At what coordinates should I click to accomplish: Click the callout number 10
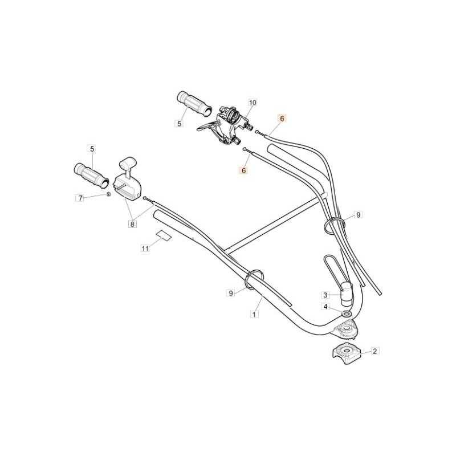pyautogui.click(x=253, y=103)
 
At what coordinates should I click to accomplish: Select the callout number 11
pyautogui.click(x=145, y=249)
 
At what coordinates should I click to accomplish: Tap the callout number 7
pyautogui.click(x=80, y=198)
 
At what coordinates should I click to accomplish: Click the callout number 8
pyautogui.click(x=132, y=224)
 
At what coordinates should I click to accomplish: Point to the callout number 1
pyautogui.click(x=254, y=314)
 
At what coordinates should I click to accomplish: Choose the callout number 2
pyautogui.click(x=374, y=351)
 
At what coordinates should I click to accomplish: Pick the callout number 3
pyautogui.click(x=325, y=295)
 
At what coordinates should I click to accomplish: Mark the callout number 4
pyautogui.click(x=325, y=307)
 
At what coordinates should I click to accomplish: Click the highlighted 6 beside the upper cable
pyautogui.click(x=282, y=119)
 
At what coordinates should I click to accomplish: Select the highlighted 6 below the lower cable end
pyautogui.click(x=244, y=170)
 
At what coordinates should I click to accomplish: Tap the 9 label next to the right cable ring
pyautogui.click(x=359, y=215)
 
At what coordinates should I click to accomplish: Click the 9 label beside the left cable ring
pyautogui.click(x=231, y=293)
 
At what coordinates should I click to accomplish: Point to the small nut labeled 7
pyautogui.click(x=108, y=194)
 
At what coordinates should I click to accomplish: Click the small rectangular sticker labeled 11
pyautogui.click(x=164, y=235)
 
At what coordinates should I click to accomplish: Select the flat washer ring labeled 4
pyautogui.click(x=346, y=314)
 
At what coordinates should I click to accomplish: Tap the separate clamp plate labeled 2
pyautogui.click(x=347, y=353)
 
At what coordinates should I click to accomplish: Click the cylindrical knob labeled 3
pyautogui.click(x=347, y=294)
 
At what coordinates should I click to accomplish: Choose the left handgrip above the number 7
pyautogui.click(x=91, y=176)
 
